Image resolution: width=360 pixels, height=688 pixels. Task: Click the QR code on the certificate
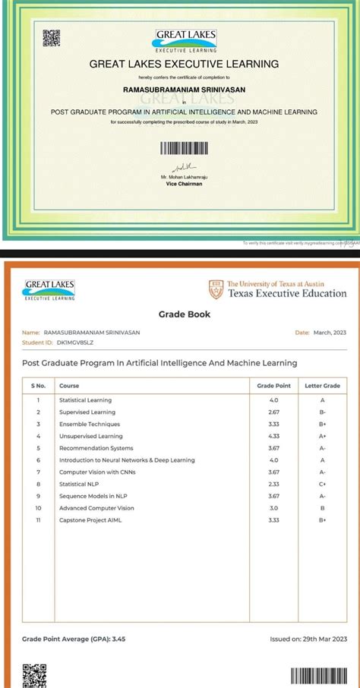coord(51,38)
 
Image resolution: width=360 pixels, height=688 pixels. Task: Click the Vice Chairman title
coord(185,184)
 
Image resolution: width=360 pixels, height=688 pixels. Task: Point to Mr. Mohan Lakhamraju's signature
coord(183,166)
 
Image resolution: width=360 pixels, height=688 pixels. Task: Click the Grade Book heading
coord(185,314)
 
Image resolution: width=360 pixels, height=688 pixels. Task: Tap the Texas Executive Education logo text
coord(287,293)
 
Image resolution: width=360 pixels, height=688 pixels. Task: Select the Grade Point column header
coord(272,386)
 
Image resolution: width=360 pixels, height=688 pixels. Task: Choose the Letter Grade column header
coord(322,386)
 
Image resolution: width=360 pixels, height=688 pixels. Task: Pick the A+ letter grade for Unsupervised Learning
coord(322,436)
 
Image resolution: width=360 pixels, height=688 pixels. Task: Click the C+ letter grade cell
coord(322,484)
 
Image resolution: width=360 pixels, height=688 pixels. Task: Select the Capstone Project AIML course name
coord(90,520)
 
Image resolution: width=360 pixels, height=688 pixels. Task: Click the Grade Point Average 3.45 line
coord(74,639)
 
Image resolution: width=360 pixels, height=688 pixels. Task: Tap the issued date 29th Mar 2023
coord(308,639)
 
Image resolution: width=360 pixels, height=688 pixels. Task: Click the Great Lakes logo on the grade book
coord(50,290)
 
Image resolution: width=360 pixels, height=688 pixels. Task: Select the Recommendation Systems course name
coord(96,448)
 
